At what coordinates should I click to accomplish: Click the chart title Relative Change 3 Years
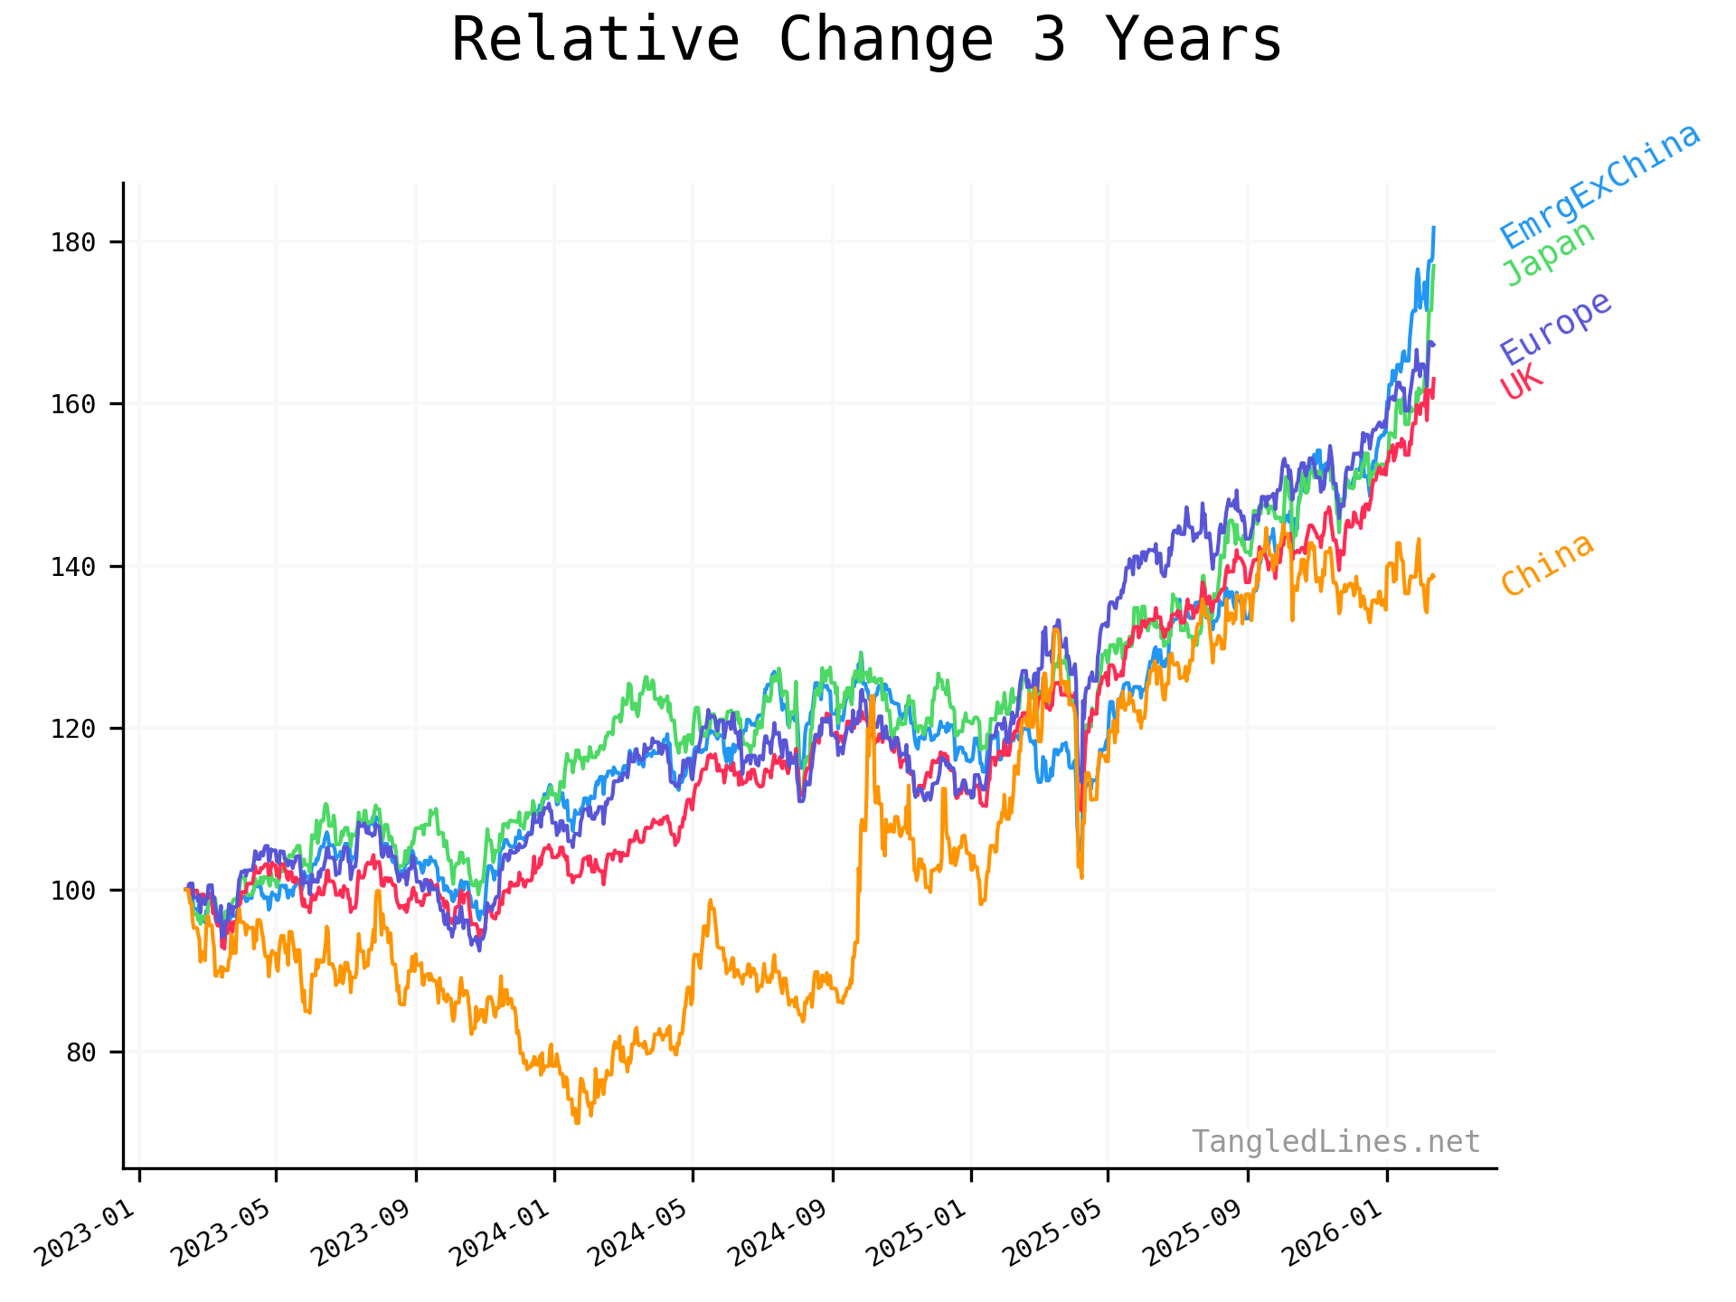click(866, 41)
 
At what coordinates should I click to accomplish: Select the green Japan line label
click(1549, 254)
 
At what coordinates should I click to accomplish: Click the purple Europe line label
click(1556, 328)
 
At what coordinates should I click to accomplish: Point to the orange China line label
click(1547, 564)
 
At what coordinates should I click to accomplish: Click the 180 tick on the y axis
click(73, 242)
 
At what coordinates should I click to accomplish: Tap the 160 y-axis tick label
click(73, 404)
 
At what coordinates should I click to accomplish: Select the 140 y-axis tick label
click(73, 567)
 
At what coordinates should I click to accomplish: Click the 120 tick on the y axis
click(73, 729)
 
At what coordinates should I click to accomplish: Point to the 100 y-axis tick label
click(73, 891)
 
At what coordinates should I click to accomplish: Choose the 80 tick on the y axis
click(81, 1052)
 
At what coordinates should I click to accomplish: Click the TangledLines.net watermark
click(1335, 1142)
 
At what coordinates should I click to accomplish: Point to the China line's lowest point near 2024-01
click(577, 1122)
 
